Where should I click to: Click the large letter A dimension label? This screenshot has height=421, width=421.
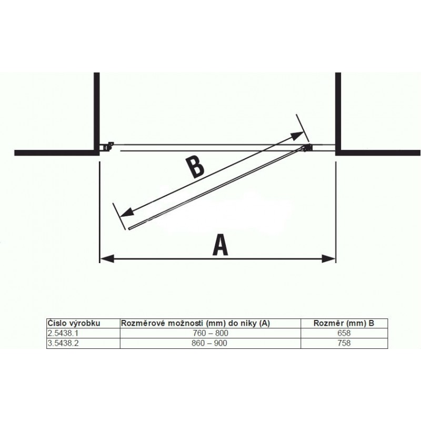(x=220, y=245)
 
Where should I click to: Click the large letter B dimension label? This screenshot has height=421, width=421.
(x=195, y=168)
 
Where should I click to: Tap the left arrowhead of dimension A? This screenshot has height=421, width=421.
(x=107, y=259)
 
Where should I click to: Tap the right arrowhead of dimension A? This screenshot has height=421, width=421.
(x=328, y=259)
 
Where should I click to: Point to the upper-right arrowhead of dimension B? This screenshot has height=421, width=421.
(x=297, y=135)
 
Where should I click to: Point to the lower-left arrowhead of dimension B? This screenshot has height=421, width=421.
(x=127, y=213)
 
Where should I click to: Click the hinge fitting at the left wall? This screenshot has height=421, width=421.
(x=107, y=146)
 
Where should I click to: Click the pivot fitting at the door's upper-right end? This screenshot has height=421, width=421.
(x=307, y=148)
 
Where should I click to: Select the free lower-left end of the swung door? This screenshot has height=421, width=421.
(x=129, y=228)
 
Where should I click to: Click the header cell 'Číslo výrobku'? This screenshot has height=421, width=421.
(x=74, y=323)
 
